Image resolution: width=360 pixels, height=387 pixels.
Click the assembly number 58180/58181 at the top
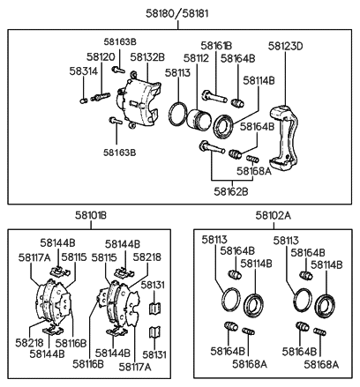(x=182, y=15)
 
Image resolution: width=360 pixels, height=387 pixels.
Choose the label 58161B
(x=215, y=45)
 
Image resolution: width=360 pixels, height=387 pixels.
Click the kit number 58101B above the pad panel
(x=90, y=214)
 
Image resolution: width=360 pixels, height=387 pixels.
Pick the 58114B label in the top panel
(x=259, y=80)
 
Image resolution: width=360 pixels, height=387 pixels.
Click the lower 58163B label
(x=119, y=152)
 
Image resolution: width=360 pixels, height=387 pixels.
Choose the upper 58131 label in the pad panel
(x=154, y=285)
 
